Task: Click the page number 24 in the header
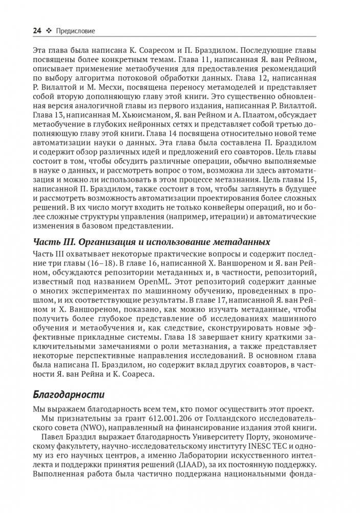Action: click(x=37, y=31)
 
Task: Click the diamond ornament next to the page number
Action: click(x=50, y=31)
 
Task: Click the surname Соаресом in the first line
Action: click(x=163, y=51)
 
